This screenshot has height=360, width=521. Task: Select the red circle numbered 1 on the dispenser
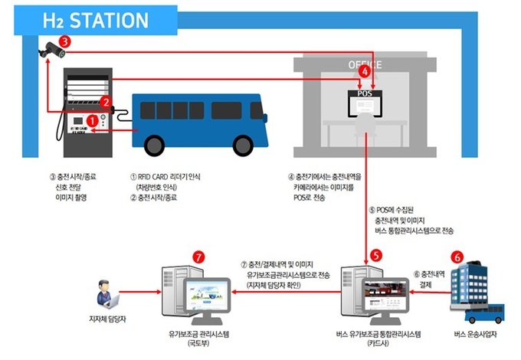click(93, 120)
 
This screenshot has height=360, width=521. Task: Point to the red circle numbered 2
click(106, 100)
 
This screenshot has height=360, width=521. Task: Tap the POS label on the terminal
click(365, 93)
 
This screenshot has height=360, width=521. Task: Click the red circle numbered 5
click(375, 254)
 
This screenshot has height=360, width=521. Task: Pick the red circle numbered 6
click(458, 257)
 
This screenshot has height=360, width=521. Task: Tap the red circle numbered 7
click(198, 257)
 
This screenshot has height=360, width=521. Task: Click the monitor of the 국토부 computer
click(206, 296)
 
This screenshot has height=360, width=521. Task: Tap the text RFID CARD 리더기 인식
click(165, 177)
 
